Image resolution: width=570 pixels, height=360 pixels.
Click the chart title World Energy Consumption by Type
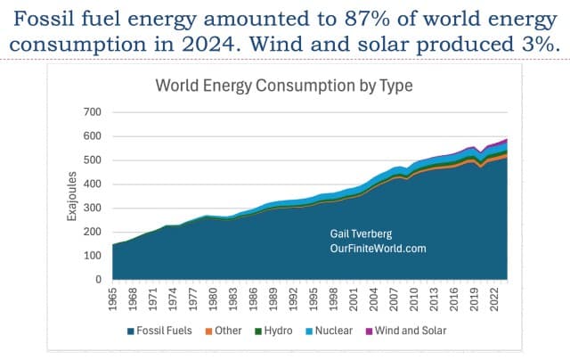(x=283, y=86)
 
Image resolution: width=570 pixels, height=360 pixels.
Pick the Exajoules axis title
(x=72, y=196)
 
